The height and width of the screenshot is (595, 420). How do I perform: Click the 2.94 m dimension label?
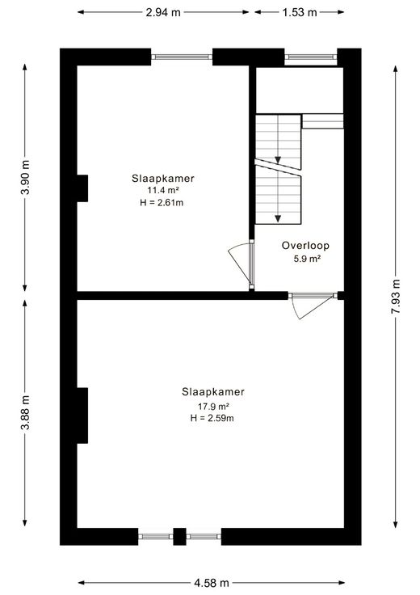tap(163, 12)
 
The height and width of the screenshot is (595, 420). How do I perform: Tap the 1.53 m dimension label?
tap(300, 12)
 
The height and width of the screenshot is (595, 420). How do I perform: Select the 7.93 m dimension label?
tap(396, 297)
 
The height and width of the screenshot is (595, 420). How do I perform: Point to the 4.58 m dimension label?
tap(212, 583)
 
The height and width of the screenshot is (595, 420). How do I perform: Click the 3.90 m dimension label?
tap(25, 177)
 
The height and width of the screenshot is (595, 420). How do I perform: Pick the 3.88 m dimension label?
tap(25, 412)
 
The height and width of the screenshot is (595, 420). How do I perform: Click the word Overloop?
tap(305, 246)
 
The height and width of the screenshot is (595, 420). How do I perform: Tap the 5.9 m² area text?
tap(308, 260)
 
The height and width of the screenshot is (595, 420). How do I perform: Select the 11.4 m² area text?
tap(163, 190)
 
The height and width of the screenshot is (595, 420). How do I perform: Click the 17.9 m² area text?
tap(213, 407)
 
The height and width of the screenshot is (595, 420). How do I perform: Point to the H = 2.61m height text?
tap(162, 203)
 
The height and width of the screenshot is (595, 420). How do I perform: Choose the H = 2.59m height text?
tap(212, 418)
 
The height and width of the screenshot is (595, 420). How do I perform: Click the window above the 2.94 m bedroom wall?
tap(182, 57)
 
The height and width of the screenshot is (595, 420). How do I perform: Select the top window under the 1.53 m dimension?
tap(311, 57)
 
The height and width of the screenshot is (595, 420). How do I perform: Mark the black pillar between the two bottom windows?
tap(179, 537)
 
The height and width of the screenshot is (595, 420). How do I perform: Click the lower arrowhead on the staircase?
tap(278, 218)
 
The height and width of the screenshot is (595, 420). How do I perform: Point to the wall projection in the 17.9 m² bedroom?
tap(82, 416)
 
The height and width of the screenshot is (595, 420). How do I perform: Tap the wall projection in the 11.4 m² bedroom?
tap(82, 188)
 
